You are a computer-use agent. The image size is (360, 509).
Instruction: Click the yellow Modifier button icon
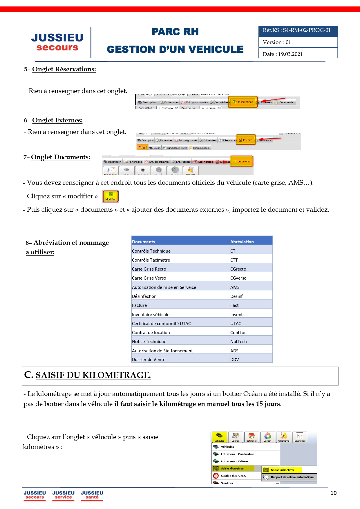pos(111,196)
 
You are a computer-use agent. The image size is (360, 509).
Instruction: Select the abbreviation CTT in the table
pos(234,260)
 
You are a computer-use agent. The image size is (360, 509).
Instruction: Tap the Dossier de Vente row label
pos(149,360)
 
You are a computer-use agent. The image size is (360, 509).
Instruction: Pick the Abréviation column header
pos(242,242)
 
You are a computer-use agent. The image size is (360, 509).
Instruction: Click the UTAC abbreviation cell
pos(236,323)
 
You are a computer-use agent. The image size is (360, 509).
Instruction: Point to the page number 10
pos(333,493)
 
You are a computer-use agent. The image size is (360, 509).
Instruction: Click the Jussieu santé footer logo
pos(92,495)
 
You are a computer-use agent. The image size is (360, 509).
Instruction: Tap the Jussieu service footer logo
pos(63,495)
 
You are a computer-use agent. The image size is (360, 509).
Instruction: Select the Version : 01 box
pos(298,42)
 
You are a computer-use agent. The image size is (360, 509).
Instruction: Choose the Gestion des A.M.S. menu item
pos(233,476)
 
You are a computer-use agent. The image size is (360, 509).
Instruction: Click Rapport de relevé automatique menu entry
pos(292,477)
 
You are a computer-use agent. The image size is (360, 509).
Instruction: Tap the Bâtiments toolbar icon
pos(251,437)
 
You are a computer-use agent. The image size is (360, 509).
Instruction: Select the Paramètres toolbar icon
pos(299,437)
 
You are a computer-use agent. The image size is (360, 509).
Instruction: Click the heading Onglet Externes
pos(57,120)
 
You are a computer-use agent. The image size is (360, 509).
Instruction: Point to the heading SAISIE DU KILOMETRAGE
pos(93,375)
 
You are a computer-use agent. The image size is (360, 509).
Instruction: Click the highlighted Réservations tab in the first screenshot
pos(243,102)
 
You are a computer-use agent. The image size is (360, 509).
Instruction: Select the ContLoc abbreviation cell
pos(238,333)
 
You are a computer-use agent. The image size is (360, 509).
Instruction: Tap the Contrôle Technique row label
pos(151,251)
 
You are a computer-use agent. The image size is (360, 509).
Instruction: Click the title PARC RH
pos(175,32)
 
